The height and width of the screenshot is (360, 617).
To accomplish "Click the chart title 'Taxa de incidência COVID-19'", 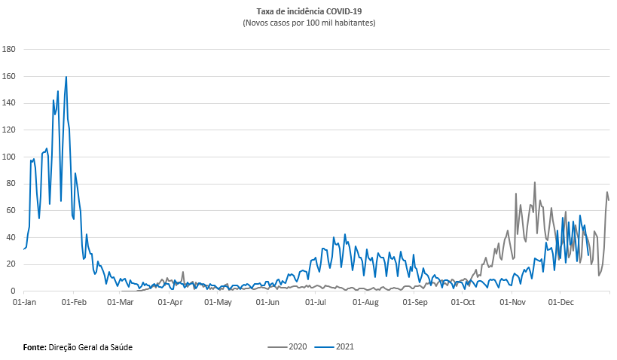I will pyautogui.click(x=309, y=12).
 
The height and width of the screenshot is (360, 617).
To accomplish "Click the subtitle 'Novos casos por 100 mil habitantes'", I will pyautogui.click(x=309, y=23).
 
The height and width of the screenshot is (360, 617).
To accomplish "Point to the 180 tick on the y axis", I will pyautogui.click(x=10, y=50).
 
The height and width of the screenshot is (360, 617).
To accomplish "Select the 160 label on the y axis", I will pyautogui.click(x=10, y=76).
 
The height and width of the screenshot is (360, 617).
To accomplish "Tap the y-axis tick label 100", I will pyautogui.click(x=10, y=157).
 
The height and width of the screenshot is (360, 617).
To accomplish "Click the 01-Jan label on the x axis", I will pyautogui.click(x=25, y=303).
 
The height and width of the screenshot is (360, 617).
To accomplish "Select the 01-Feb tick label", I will pyautogui.click(x=74, y=303).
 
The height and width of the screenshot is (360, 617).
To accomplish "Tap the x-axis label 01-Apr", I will pyautogui.click(x=171, y=303).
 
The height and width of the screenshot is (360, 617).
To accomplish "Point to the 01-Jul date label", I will pyautogui.click(x=317, y=303).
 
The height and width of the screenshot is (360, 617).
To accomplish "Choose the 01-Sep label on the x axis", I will pyautogui.click(x=414, y=303).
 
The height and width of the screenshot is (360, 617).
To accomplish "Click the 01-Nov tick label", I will pyautogui.click(x=512, y=303).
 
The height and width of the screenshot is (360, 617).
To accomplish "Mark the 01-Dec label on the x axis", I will pyautogui.click(x=560, y=303).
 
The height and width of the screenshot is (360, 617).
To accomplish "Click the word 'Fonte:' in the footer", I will pyautogui.click(x=35, y=347).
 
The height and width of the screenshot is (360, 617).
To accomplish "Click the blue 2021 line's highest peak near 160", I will pyautogui.click(x=66, y=77).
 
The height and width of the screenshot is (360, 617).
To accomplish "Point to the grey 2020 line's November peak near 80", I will pyautogui.click(x=535, y=182).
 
